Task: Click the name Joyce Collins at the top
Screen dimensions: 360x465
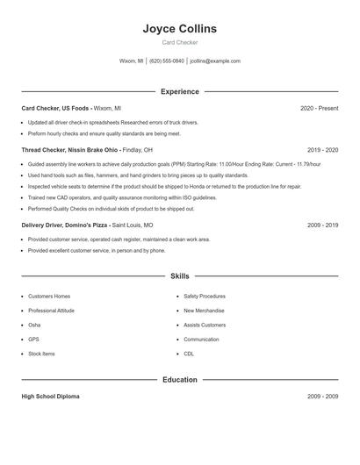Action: [180, 29]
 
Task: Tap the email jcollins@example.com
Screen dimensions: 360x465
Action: [215, 61]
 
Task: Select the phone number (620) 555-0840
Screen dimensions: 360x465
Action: [167, 61]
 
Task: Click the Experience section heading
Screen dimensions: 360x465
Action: [180, 91]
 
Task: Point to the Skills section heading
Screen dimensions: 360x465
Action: [180, 276]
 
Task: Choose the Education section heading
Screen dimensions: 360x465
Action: [180, 380]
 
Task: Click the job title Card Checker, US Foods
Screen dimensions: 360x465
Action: [55, 108]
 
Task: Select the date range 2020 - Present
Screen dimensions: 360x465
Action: [319, 108]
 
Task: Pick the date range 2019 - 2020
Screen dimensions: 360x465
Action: [322, 150]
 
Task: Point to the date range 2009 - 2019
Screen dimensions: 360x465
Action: [322, 225]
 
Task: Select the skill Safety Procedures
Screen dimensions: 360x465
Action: [205, 297]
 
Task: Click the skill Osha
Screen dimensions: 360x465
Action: [35, 325]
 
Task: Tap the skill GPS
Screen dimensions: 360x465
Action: [33, 339]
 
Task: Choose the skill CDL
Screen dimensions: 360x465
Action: [189, 354]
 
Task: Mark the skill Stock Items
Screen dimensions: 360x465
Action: [41, 354]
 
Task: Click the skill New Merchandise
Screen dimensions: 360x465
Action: [204, 311]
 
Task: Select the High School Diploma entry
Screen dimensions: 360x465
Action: [50, 397]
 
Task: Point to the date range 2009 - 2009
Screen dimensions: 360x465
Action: [322, 397]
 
